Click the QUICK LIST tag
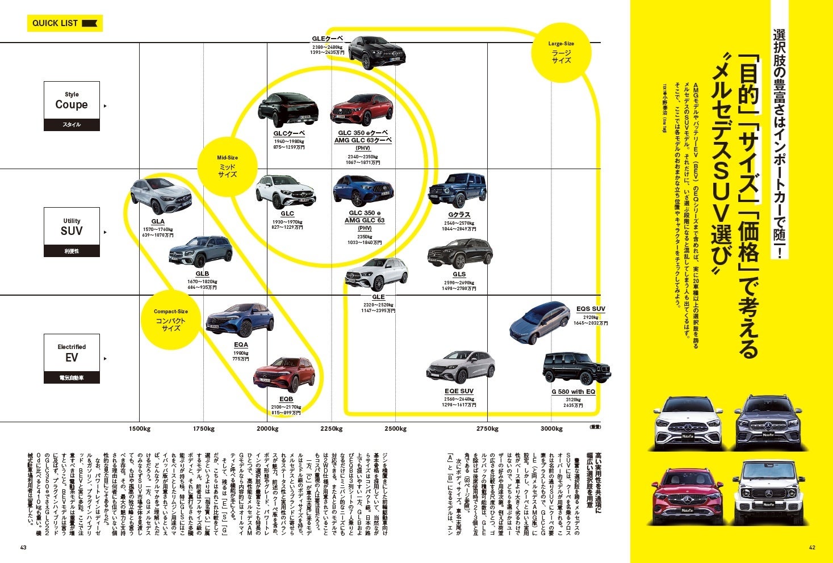tap(65, 23)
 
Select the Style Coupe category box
tap(72, 106)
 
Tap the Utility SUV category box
tap(72, 232)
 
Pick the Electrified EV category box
tap(72, 358)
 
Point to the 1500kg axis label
tap(139, 429)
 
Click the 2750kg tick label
tap(487, 429)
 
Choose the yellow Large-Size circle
tap(560, 52)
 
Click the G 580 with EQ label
tap(573, 392)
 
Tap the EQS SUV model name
tap(590, 309)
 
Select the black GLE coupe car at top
tap(377, 52)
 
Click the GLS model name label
tap(459, 274)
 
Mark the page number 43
tap(23, 548)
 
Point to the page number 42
tap(811, 548)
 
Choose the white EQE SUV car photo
tap(460, 367)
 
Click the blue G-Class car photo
tap(457, 191)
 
